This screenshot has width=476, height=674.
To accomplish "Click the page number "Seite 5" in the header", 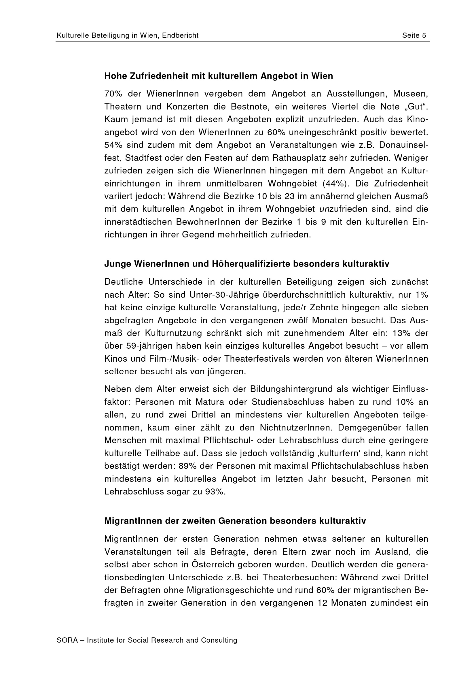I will tap(414, 35).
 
